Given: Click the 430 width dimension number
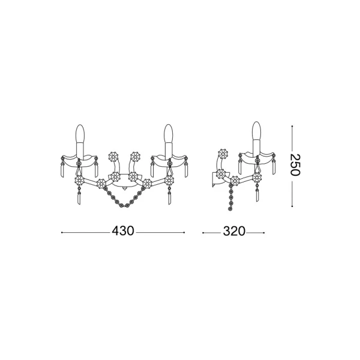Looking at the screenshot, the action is coord(122,231).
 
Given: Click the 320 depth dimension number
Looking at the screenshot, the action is coord(234,231).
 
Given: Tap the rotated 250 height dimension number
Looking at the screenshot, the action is coord(295,165).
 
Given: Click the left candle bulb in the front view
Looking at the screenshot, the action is coord(80,133).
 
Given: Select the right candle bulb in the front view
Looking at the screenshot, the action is coord(168,133).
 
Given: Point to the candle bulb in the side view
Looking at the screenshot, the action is coord(257,131).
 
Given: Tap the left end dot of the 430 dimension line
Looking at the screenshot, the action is coord(62,233).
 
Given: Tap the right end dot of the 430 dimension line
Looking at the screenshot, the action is coord(184,233).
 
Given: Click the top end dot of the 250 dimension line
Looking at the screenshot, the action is coord(292,126).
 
